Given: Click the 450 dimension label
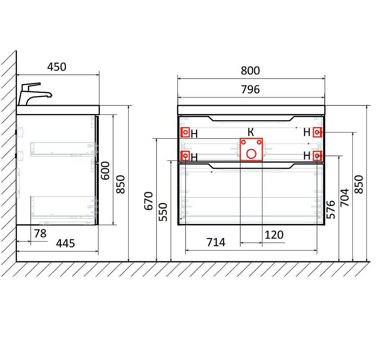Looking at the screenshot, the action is pyautogui.click(x=57, y=67).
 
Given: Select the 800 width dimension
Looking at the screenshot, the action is pyautogui.click(x=250, y=71).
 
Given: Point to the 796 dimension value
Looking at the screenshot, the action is pyautogui.click(x=250, y=90).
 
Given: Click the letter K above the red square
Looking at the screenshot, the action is pyautogui.click(x=251, y=132).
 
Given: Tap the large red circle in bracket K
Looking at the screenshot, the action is pyautogui.click(x=251, y=154).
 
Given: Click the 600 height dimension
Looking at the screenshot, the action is pyautogui.click(x=105, y=171).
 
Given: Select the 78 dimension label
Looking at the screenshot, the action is pyautogui.click(x=40, y=233).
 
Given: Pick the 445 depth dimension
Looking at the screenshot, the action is pyautogui.click(x=65, y=243).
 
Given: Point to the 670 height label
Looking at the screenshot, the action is pyautogui.click(x=149, y=201).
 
